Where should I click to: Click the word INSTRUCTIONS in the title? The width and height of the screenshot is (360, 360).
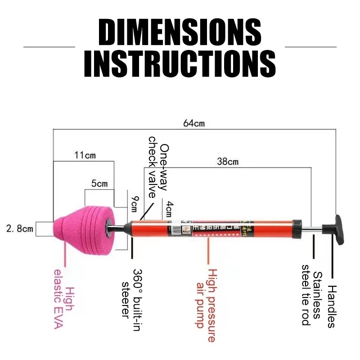(180, 64)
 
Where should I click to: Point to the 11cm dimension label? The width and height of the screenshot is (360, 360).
(85, 156)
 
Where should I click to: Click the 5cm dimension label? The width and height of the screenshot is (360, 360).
(99, 184)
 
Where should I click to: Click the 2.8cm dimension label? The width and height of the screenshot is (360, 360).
(20, 229)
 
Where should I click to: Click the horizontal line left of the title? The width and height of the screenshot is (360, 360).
(49, 46)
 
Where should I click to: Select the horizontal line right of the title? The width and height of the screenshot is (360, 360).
(310, 46)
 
